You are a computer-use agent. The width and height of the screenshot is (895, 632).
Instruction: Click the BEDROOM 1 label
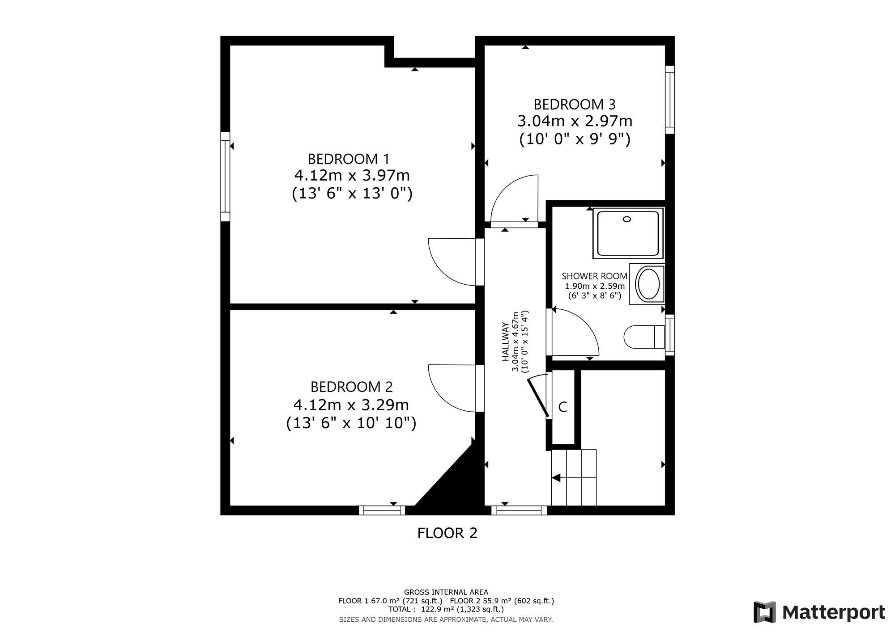pyautogui.click(x=349, y=159)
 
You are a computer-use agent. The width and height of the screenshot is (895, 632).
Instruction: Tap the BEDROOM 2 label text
pyautogui.click(x=352, y=387)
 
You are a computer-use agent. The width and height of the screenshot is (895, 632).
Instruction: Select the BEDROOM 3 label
pyautogui.click(x=575, y=105)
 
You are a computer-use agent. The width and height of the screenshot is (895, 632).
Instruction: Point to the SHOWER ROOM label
pyautogui.click(x=594, y=276)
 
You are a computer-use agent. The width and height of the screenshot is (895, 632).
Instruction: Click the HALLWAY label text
pyautogui.click(x=505, y=341)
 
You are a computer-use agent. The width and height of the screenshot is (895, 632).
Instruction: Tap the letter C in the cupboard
pyautogui.click(x=563, y=407)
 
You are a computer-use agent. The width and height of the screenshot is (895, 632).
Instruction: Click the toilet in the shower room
pyautogui.click(x=644, y=337)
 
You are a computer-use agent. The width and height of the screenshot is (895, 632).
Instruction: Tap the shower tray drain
pyautogui.click(x=627, y=219)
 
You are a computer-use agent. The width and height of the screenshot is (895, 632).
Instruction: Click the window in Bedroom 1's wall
pyautogui.click(x=225, y=177)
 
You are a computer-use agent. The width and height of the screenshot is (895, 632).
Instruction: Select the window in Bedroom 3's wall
pyautogui.click(x=669, y=100)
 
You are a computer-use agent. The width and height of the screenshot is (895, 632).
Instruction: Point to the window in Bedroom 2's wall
pyautogui.click(x=382, y=510)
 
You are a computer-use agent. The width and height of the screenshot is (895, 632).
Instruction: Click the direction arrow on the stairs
pyautogui.click(x=556, y=478)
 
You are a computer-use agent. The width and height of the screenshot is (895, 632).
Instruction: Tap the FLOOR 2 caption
pyautogui.click(x=447, y=533)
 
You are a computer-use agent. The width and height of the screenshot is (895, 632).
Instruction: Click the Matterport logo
pyautogui.click(x=819, y=612)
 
